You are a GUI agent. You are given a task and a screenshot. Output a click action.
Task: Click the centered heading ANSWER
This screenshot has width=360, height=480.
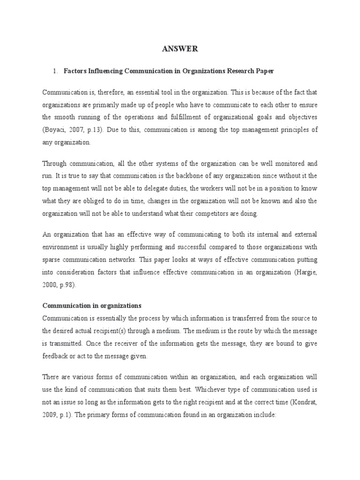coord(180,48)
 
